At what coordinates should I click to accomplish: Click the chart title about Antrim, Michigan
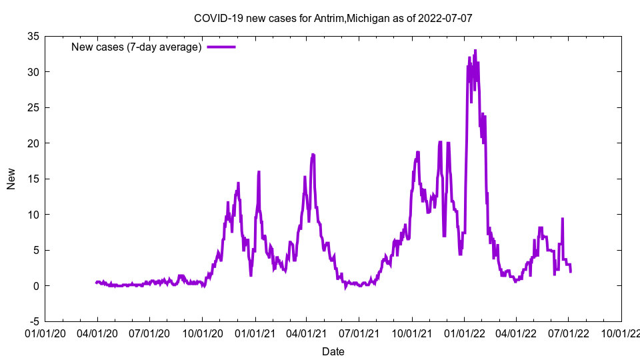click(x=333, y=18)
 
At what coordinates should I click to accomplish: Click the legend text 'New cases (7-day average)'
click(x=137, y=47)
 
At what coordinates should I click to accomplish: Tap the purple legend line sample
click(x=221, y=47)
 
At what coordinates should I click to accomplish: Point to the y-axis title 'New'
click(x=11, y=179)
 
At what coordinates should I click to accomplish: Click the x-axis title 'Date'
click(x=333, y=351)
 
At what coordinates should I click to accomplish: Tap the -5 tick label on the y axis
click(x=33, y=321)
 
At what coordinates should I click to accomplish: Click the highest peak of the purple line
click(x=475, y=50)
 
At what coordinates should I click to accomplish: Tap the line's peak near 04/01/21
click(x=313, y=154)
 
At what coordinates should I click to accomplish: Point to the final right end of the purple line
click(x=570, y=271)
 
